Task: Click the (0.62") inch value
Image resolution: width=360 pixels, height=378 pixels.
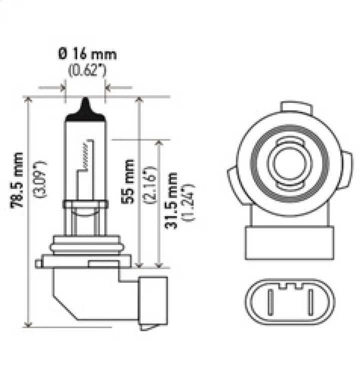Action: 86,70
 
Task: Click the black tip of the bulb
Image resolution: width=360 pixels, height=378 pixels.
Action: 86,108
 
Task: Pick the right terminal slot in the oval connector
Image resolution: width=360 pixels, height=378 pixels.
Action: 311,302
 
